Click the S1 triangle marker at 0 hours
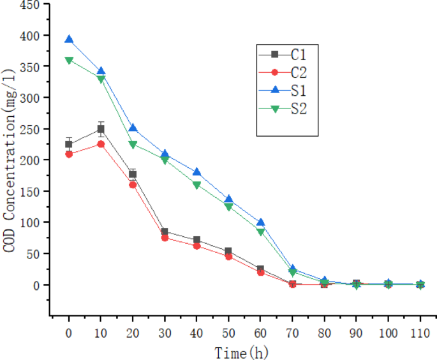[x=69, y=40]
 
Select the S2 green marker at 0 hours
[x=69, y=61]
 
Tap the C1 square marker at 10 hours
[x=101, y=129]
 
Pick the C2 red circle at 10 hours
[x=101, y=144]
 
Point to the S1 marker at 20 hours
[x=133, y=128]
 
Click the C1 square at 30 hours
[x=165, y=232]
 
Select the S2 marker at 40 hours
[x=196, y=185]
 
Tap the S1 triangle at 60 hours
[x=260, y=223]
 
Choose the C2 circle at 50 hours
[x=228, y=256]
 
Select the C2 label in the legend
[x=299, y=72]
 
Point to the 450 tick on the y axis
[x=31, y=4]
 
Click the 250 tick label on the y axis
[x=31, y=129]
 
